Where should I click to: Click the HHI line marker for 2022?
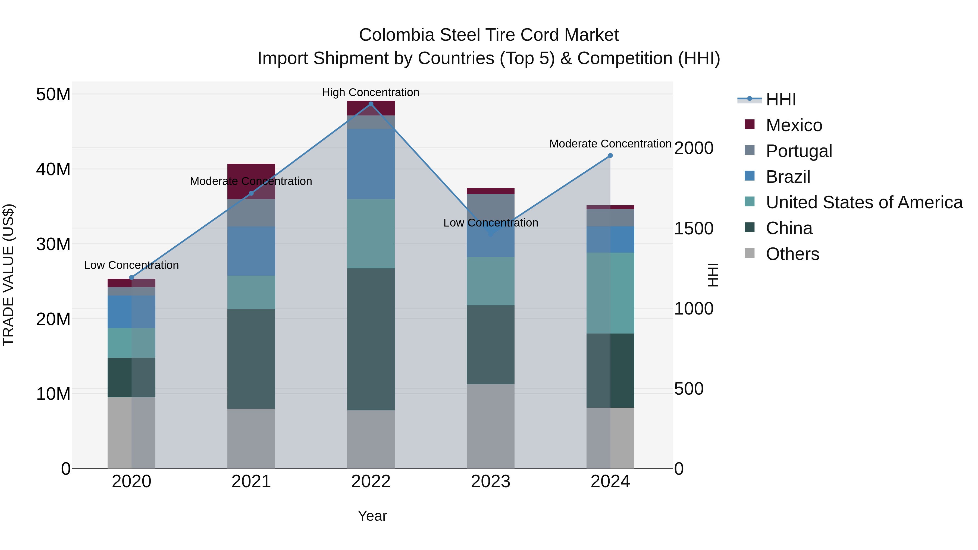[x=371, y=104]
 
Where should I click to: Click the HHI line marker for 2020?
[x=132, y=278]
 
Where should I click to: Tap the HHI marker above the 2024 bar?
[x=610, y=156]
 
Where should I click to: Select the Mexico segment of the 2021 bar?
[x=251, y=171]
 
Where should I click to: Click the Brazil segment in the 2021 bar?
[x=251, y=251]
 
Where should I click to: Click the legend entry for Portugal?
[x=798, y=151]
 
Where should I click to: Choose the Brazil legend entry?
[x=788, y=177]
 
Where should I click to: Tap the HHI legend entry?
[x=780, y=99]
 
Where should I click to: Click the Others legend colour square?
[x=750, y=253]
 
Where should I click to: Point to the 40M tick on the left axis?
[x=53, y=169]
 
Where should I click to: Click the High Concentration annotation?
[x=371, y=93]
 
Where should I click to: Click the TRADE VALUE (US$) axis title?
[x=9, y=275]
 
